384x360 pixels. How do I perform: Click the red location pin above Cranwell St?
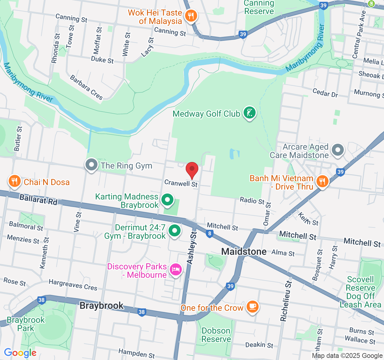pos(192,170)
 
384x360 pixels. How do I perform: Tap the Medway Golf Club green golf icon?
pos(249,113)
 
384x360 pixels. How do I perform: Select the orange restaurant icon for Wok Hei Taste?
pos(190,15)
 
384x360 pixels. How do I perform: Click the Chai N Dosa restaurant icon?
pos(14,181)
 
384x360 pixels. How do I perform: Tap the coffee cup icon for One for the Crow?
pos(252,307)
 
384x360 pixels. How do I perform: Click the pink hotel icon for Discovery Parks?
pos(176,269)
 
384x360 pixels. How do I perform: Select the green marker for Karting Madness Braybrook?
pos(167,200)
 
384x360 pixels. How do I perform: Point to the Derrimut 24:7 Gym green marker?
pos(175,231)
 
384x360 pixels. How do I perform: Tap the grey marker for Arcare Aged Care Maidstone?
pos(338,150)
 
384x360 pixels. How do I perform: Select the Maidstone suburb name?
pos(244,251)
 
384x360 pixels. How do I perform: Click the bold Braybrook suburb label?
pos(101,306)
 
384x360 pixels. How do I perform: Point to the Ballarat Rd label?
pos(38,199)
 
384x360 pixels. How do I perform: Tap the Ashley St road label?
pos(192,248)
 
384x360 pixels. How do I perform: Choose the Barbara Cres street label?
pos(86,87)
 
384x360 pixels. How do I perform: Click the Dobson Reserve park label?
pos(216,335)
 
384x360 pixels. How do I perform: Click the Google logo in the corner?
pos(20,353)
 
